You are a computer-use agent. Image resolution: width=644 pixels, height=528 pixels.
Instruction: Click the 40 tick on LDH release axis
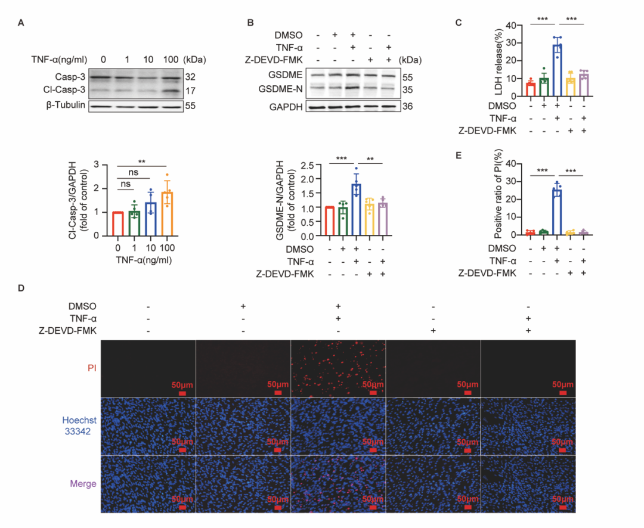coord(510,25)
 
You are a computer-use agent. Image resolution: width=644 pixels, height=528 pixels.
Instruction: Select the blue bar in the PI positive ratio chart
coord(557,212)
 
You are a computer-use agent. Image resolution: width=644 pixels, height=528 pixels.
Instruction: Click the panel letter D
coord(21,289)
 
